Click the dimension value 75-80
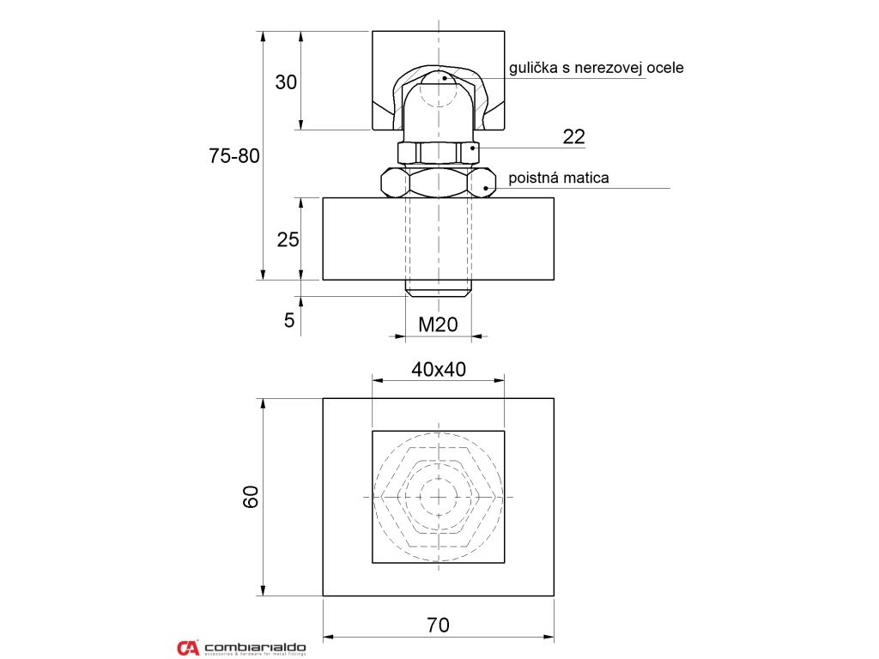coord(234,156)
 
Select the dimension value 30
coord(286,82)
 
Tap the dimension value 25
coord(288,239)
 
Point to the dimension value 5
coord(288,321)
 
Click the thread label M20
coord(438,324)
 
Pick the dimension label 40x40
coord(438,369)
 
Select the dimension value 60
coord(250,497)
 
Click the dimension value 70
coord(438,626)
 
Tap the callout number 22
coord(573,136)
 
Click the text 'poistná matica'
coord(559,178)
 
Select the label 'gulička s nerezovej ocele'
coord(596,67)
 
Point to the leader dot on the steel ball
coord(445,78)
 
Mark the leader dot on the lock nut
coord(487,187)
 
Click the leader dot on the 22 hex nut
coord(471,148)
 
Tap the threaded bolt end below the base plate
coord(439,287)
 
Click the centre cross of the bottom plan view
coord(439,497)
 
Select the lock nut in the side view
coord(439,182)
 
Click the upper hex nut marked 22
coord(439,153)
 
